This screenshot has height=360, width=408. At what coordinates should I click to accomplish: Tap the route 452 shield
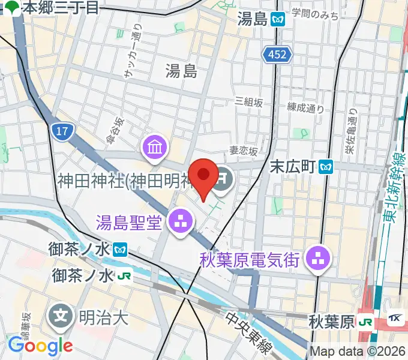(277, 55)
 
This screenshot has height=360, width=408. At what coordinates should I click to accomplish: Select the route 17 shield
(61, 131)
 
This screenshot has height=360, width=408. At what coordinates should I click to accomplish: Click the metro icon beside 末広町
(326, 164)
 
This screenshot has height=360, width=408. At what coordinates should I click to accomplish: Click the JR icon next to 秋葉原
(364, 322)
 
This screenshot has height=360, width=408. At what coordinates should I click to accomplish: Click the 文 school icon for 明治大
(61, 316)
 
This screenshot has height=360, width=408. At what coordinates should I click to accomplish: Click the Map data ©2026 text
(358, 352)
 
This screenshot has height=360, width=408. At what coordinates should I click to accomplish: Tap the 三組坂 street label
(250, 102)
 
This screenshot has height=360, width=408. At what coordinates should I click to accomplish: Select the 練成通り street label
(305, 109)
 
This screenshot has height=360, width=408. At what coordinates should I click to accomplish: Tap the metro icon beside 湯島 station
(277, 19)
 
